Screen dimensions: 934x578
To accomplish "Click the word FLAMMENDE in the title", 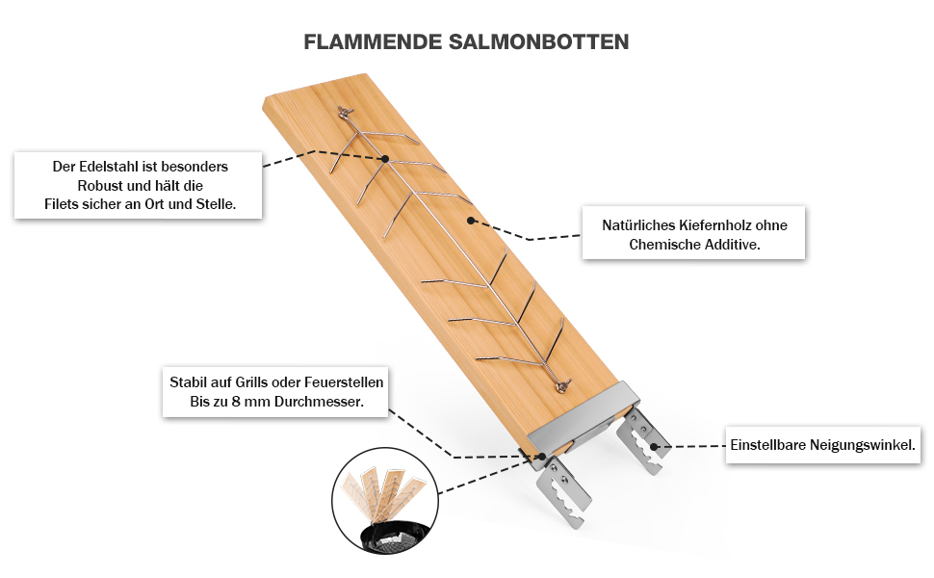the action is [x=373, y=42].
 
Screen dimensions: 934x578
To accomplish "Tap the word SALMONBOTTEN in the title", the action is [x=539, y=42].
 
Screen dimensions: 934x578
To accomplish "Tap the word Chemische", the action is [x=664, y=245].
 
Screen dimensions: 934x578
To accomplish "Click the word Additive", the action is [x=731, y=245].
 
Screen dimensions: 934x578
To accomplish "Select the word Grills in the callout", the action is [x=251, y=382].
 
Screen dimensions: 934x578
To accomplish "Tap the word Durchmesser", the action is [x=314, y=402].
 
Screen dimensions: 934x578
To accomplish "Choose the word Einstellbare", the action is [x=773, y=446].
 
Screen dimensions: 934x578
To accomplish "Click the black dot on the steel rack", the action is [x=384, y=158].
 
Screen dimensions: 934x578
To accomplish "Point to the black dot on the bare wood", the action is [x=471, y=221].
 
